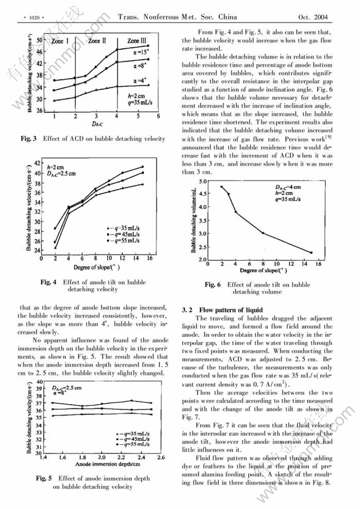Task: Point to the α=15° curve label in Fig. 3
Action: pos(140,52)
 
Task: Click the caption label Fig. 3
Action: pos(28,138)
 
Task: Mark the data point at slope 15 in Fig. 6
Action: pos(311,253)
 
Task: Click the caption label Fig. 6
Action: pos(213,284)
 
